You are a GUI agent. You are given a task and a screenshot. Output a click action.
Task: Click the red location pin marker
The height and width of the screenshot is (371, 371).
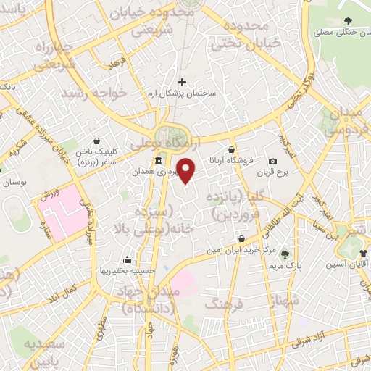187,170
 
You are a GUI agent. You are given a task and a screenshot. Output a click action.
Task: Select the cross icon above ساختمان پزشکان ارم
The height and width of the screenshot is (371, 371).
182,83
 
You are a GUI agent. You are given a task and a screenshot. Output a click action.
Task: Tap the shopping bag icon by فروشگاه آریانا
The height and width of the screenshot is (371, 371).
232,149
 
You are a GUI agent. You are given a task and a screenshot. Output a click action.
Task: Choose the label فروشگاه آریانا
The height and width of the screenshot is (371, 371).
230,161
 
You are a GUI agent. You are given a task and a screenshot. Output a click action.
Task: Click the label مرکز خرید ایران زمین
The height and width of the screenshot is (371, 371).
241,250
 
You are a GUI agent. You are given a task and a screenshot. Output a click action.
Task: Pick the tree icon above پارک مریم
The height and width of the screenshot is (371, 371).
285,254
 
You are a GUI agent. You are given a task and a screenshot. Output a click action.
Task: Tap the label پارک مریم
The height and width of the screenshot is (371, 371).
288,266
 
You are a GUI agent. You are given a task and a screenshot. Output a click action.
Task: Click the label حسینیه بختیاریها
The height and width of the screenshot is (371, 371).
128,270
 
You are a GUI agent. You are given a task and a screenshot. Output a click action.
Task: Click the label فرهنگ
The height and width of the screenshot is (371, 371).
220,304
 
